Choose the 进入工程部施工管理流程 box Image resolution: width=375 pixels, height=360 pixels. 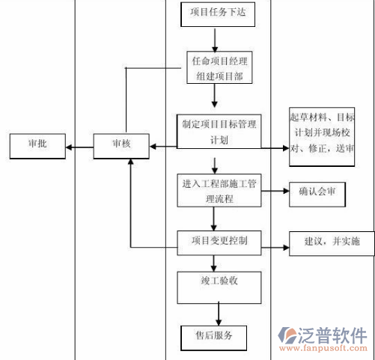tap(219, 192)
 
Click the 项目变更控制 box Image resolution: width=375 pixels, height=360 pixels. tap(219, 241)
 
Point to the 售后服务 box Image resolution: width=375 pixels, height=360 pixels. tap(213, 336)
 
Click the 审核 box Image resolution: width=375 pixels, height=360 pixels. tap(121, 145)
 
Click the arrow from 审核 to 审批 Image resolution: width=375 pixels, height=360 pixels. tap(79, 146)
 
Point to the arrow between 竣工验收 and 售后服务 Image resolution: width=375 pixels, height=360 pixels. tap(219, 312)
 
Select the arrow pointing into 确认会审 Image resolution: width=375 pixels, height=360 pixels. tap(275, 193)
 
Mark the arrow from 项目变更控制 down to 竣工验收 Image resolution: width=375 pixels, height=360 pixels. tap(214, 262)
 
